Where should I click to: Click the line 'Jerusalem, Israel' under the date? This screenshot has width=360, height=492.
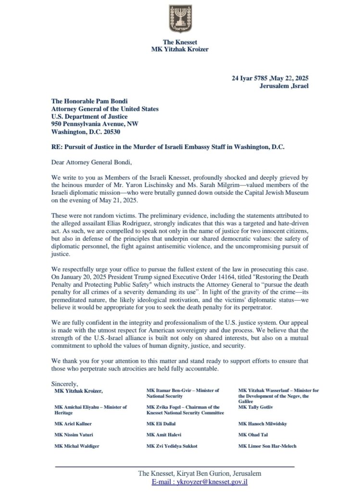pyautogui.click(x=284, y=86)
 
